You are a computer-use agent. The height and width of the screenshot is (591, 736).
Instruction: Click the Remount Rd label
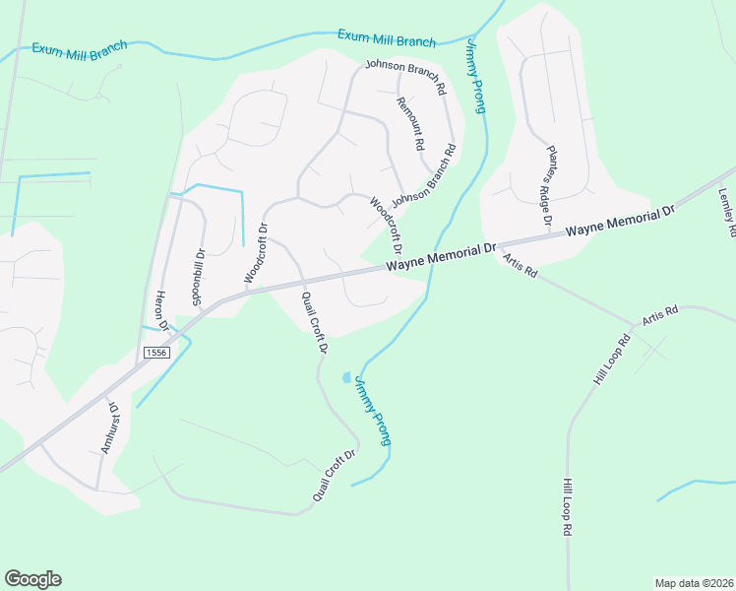click(409, 123)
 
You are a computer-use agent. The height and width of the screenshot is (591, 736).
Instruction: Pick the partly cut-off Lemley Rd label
click(728, 212)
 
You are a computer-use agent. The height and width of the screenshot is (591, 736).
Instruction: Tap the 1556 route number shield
click(154, 352)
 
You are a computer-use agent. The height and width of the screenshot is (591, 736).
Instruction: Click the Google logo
click(32, 579)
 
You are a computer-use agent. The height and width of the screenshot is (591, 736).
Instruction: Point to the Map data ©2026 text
click(693, 582)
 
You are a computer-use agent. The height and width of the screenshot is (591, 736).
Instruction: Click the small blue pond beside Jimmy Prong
click(344, 377)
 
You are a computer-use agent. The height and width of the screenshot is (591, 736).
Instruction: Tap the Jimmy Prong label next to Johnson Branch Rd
click(474, 77)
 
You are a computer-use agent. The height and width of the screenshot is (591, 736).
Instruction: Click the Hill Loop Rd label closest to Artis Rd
click(610, 361)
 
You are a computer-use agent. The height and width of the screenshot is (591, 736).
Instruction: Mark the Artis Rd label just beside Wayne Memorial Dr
click(520, 265)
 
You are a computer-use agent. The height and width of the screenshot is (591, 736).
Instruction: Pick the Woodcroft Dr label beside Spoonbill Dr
click(255, 254)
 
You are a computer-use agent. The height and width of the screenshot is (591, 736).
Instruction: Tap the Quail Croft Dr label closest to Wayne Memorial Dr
click(314, 322)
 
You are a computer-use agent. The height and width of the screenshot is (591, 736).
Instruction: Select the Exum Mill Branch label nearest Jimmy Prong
click(386, 37)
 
